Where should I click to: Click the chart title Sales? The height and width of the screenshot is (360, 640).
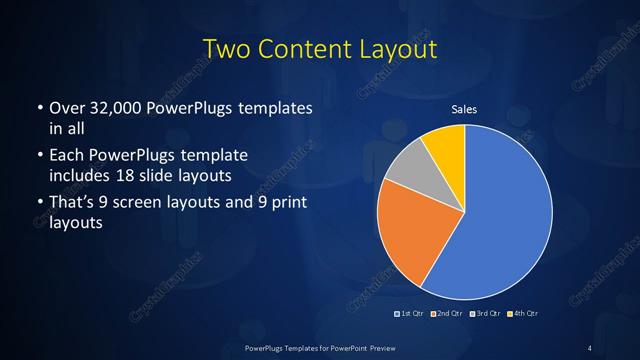click(465, 109)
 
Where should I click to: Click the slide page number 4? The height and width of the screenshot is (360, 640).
click(591, 347)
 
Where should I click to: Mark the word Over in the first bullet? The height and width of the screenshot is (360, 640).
click(68, 108)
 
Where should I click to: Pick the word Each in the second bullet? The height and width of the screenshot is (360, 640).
click(67, 157)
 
